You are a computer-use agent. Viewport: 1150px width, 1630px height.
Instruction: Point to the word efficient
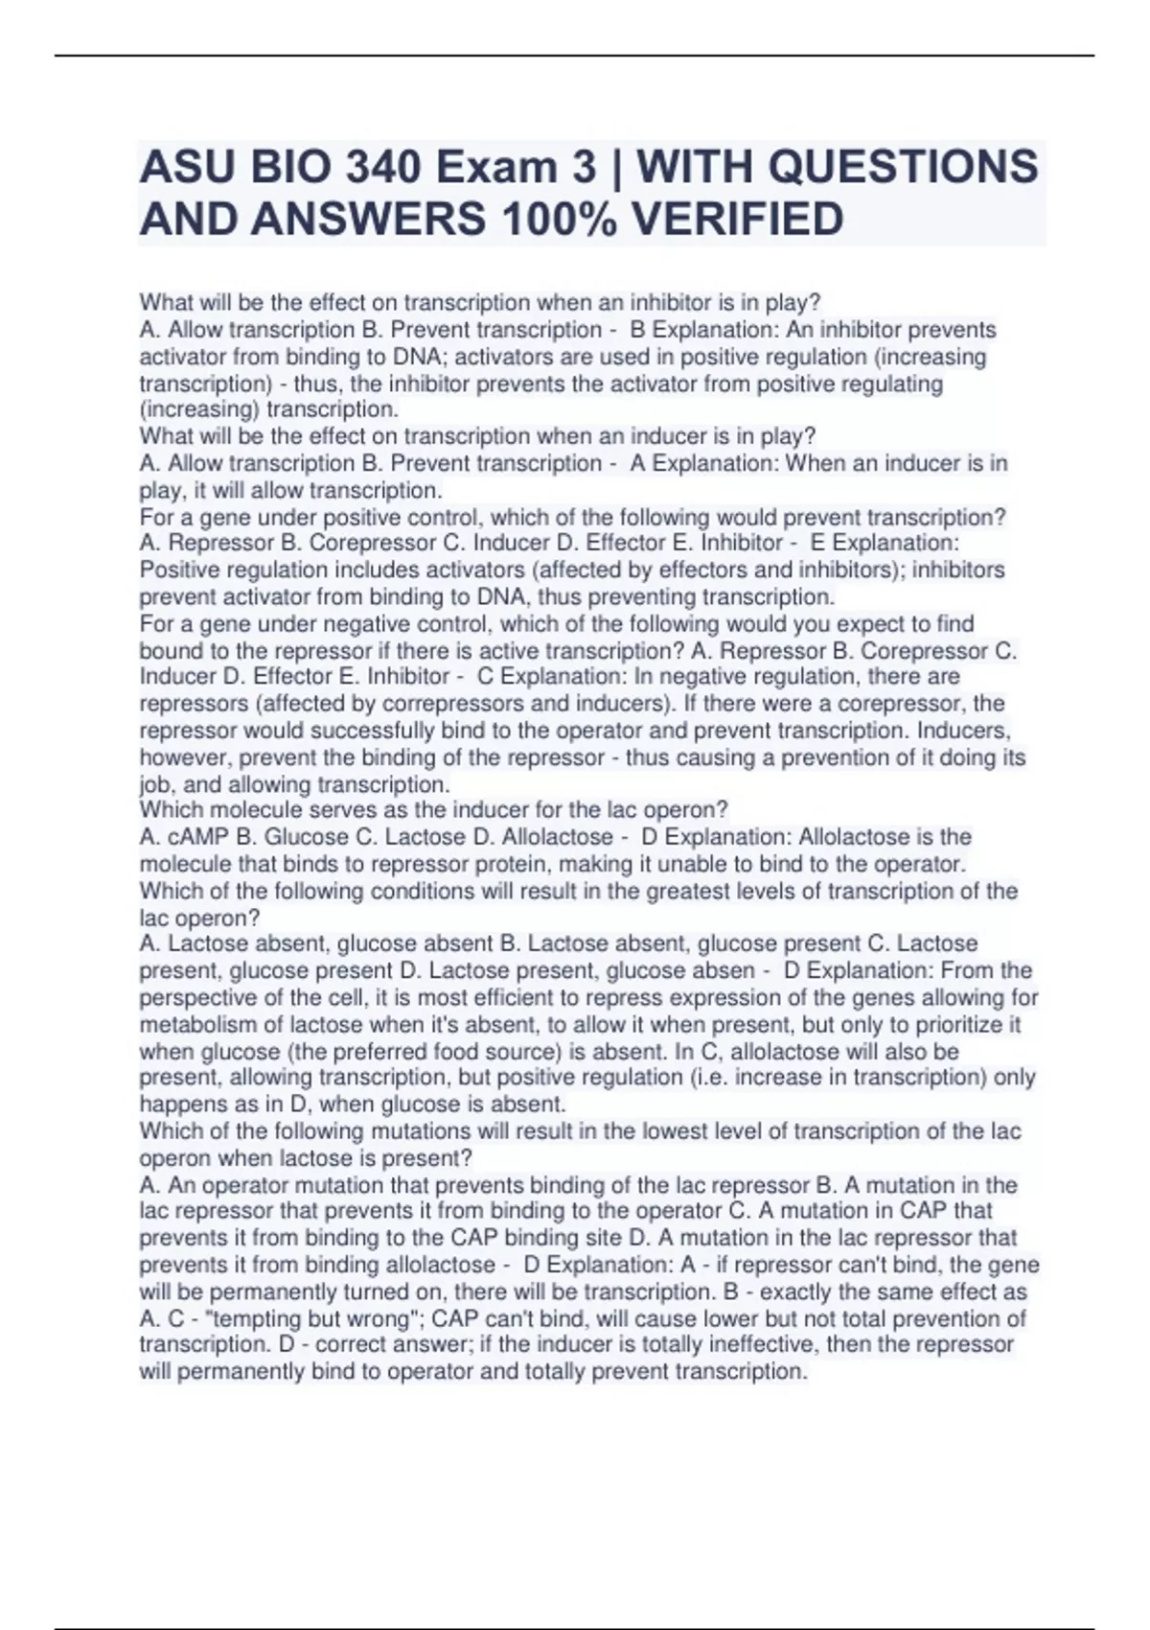coord(517,998)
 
